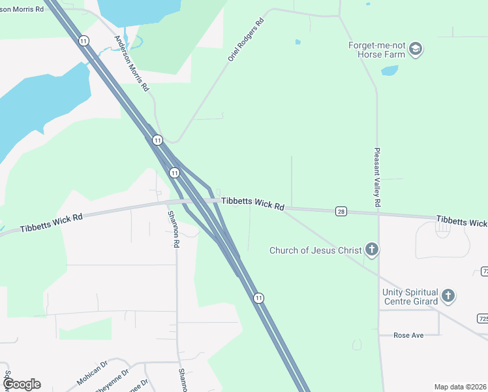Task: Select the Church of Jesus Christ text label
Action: pyautogui.click(x=316, y=250)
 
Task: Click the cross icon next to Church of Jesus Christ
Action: pyautogui.click(x=372, y=249)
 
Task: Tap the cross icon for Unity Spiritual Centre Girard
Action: pyautogui.click(x=448, y=296)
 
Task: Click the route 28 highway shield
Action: pyautogui.click(x=341, y=211)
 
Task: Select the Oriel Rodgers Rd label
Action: pyautogui.click(x=246, y=40)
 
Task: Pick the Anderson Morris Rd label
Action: pyautogui.click(x=132, y=63)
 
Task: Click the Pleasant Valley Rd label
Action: pyautogui.click(x=377, y=177)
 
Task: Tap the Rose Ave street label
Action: pyautogui.click(x=408, y=335)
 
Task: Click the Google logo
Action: pyautogui.click(x=21, y=384)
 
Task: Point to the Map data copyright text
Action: pyautogui.click(x=461, y=387)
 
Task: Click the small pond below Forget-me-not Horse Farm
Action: pyautogui.click(x=389, y=70)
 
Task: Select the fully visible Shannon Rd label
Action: pyautogui.click(x=174, y=229)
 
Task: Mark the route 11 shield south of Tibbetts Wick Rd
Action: pyautogui.click(x=260, y=298)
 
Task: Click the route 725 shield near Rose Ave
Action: pyautogui.click(x=483, y=318)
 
